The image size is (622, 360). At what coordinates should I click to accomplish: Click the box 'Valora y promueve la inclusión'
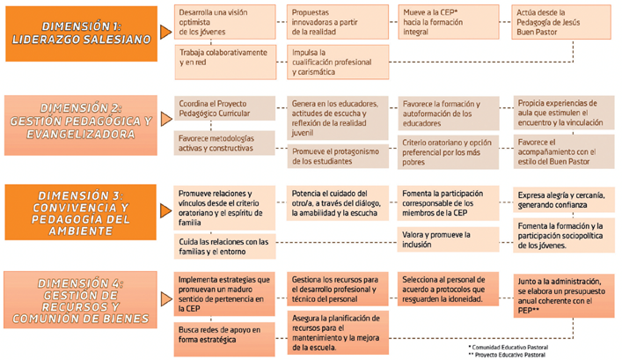(449, 239)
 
